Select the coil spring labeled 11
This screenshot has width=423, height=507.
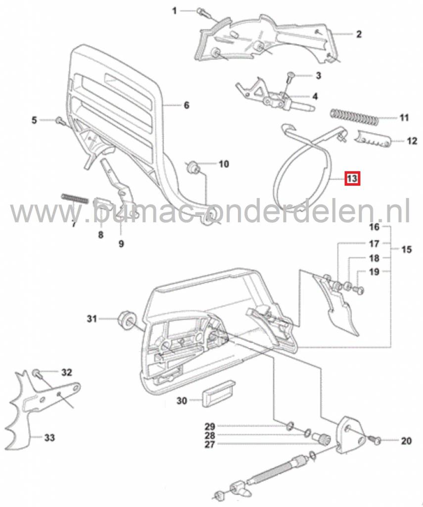point(354,117)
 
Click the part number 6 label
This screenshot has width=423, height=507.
point(187,105)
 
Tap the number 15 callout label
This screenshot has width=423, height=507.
point(406,250)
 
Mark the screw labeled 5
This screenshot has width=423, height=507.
point(59,120)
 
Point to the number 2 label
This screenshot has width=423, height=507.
point(359,34)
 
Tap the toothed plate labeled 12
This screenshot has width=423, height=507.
point(373,140)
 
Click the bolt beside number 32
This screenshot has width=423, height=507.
point(37,372)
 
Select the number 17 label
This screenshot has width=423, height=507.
point(374,244)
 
